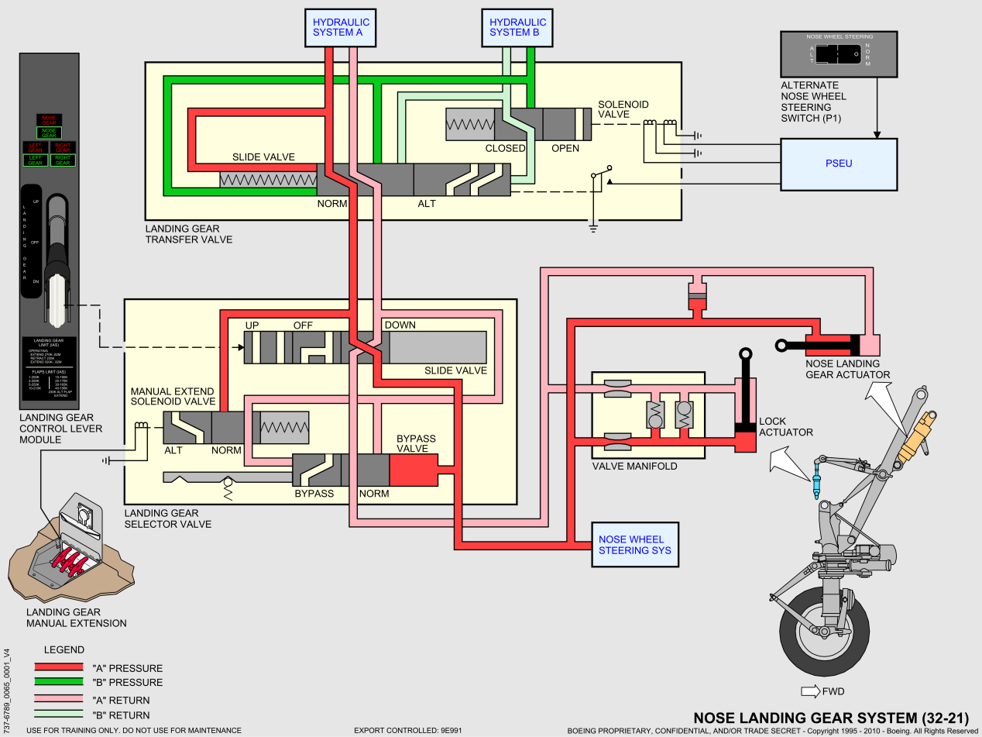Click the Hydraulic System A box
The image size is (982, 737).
tap(337, 27)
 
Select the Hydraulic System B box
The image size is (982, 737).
tap(517, 27)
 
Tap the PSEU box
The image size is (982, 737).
tap(838, 164)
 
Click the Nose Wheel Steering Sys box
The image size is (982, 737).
tap(634, 545)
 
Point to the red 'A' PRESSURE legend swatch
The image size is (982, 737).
tap(58, 667)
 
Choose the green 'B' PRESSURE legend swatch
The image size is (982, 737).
tap(58, 682)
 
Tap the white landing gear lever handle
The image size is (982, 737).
tap(57, 302)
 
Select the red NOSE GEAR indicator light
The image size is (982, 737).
tap(50, 120)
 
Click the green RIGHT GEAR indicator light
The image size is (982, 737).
tap(63, 160)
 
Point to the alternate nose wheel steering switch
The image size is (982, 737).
tap(838, 54)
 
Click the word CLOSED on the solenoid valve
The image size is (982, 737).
tap(505, 148)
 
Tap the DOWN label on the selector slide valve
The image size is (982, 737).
tap(400, 325)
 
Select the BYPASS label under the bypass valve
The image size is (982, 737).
tap(314, 494)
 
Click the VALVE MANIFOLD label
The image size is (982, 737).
tap(634, 466)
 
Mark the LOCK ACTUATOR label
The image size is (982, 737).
tap(785, 427)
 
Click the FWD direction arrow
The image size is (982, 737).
tap(811, 691)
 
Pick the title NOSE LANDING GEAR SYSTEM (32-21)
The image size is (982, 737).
tap(830, 718)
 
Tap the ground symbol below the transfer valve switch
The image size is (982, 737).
tap(592, 227)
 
